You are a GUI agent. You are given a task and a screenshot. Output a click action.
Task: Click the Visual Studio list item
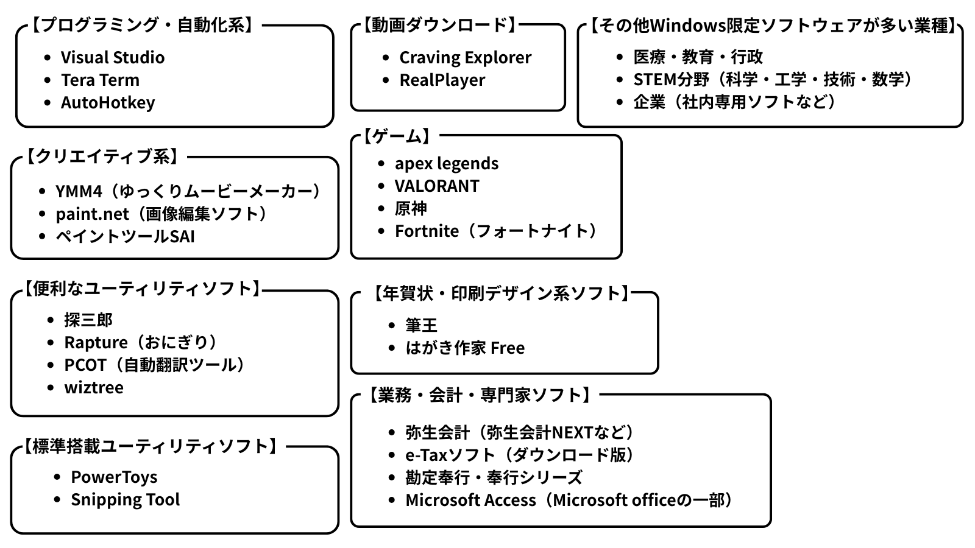(112, 57)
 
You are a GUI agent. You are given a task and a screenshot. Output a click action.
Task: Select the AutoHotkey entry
(107, 102)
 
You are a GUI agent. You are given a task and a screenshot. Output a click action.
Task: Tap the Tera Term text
(100, 80)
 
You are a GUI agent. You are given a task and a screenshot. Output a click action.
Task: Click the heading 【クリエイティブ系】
(102, 156)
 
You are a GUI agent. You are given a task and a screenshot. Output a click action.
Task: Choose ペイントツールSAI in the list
(125, 236)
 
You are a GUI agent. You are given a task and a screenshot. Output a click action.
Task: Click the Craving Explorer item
(465, 57)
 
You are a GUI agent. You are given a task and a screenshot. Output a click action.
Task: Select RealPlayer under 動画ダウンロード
(442, 80)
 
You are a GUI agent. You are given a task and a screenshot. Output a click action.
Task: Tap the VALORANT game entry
(437, 186)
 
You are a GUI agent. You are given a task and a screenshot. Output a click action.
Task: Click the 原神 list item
(411, 208)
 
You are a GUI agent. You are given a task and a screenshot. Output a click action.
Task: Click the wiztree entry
(94, 387)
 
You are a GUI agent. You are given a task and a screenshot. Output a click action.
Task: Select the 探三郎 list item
(88, 320)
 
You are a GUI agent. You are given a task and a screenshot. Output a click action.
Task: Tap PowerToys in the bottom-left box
(114, 477)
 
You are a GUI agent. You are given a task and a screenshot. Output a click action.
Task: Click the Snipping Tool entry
(125, 499)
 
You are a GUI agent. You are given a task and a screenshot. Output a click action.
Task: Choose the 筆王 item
(421, 325)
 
